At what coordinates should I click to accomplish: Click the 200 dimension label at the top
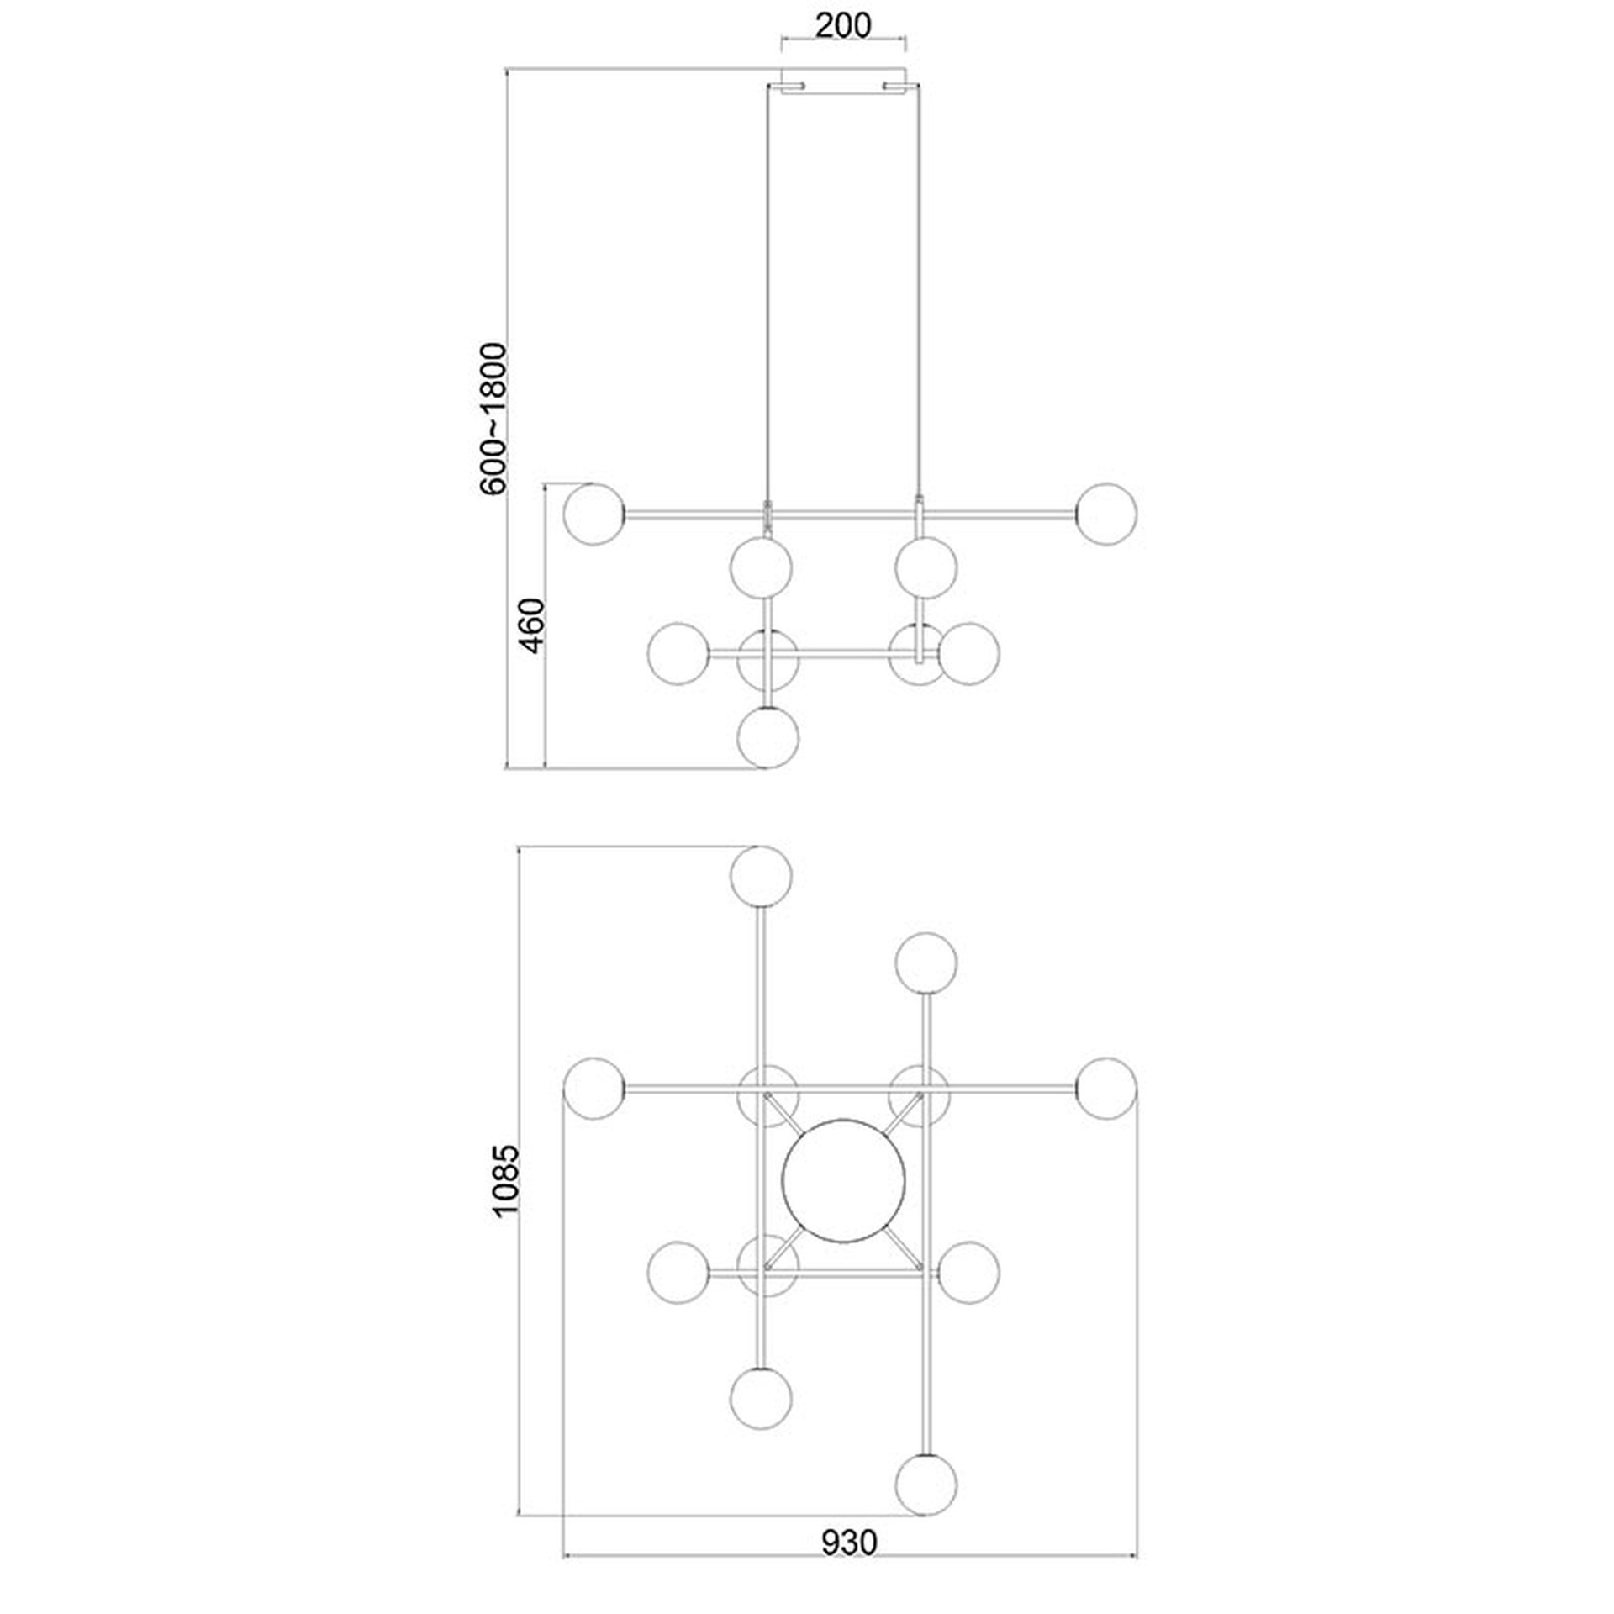pyautogui.click(x=843, y=25)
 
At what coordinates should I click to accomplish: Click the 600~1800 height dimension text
pyautogui.click(x=493, y=419)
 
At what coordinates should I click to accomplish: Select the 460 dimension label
pyautogui.click(x=533, y=625)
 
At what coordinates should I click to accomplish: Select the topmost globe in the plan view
pyautogui.click(x=761, y=876)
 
